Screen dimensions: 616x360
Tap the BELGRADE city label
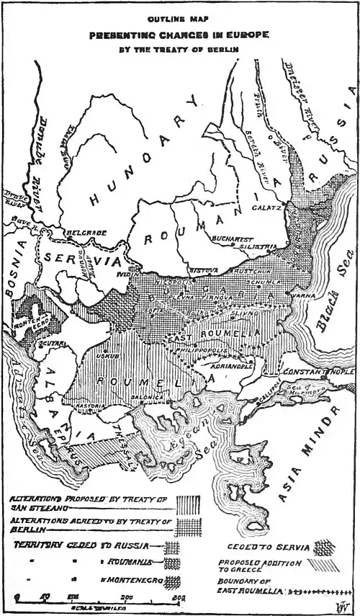86,233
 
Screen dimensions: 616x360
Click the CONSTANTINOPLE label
317,371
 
